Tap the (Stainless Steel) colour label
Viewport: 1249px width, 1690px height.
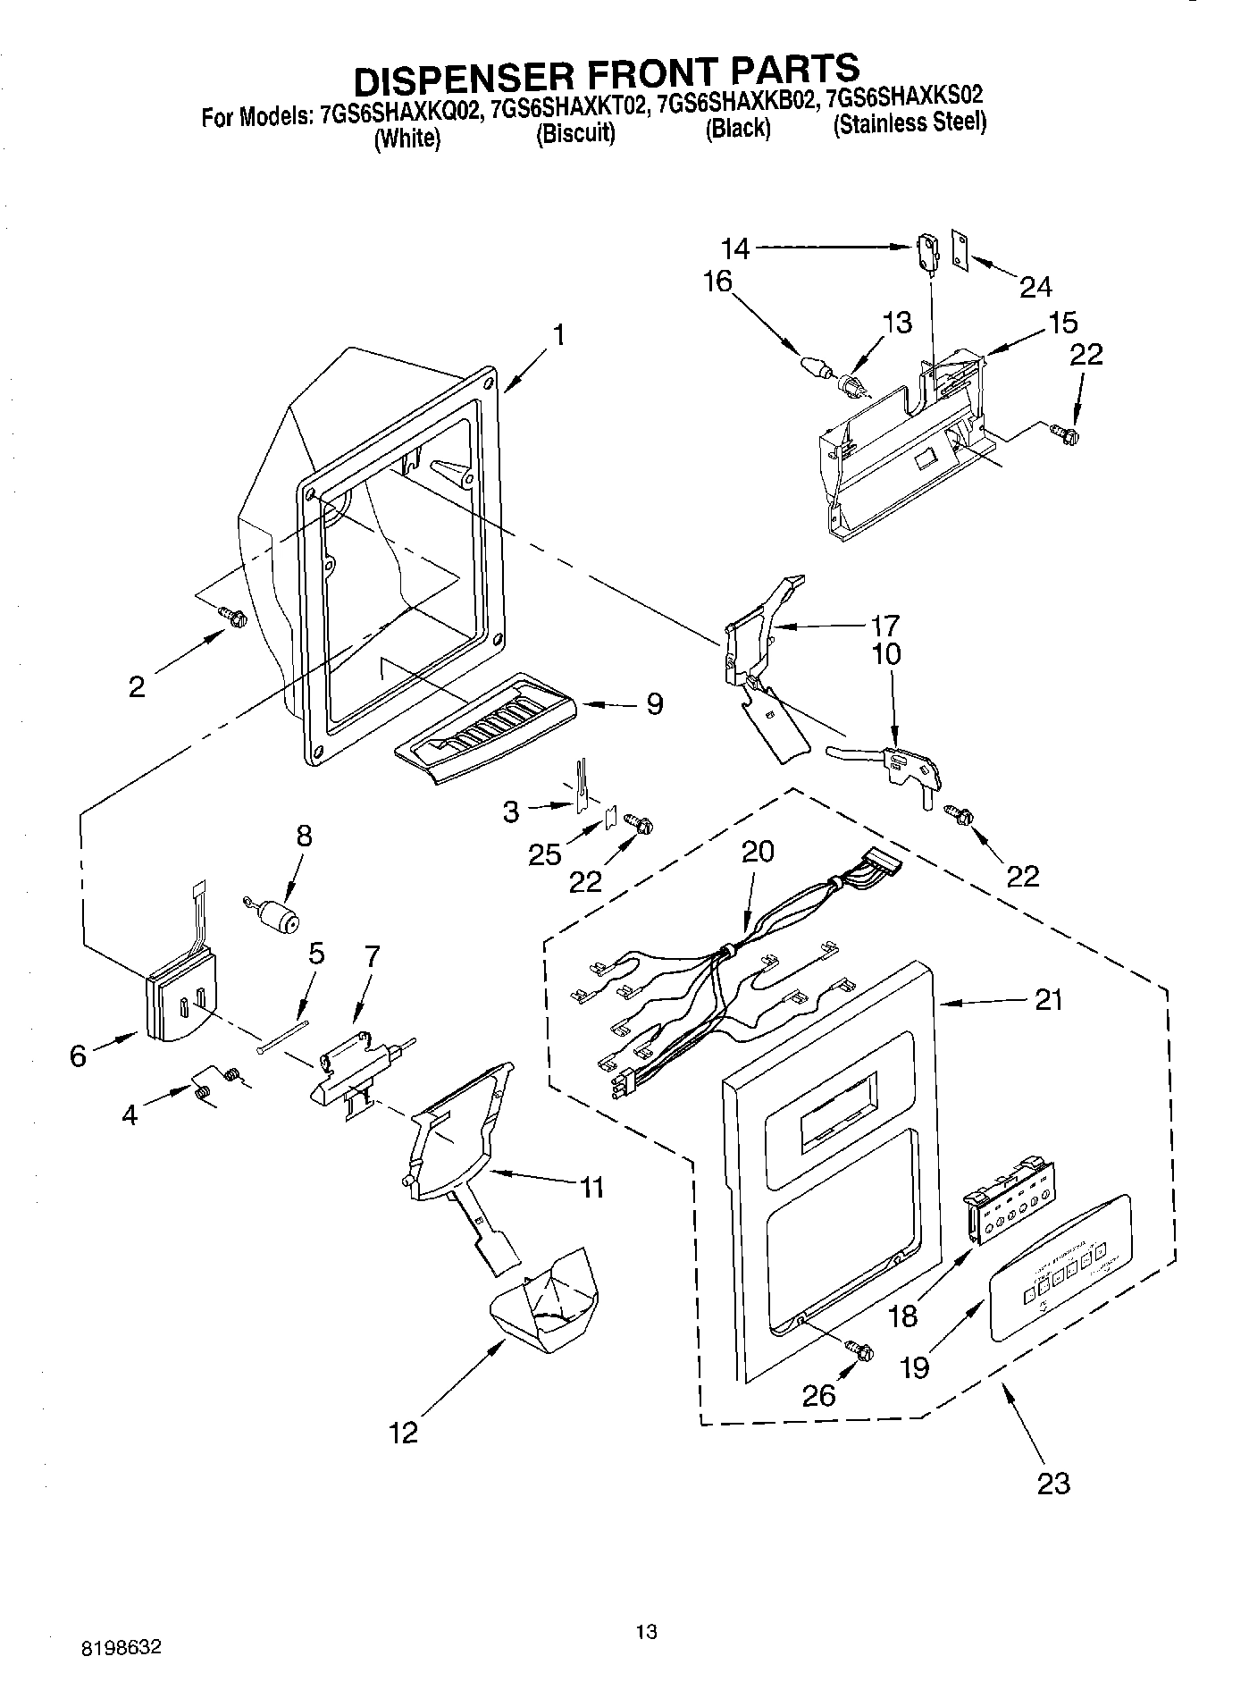click(909, 123)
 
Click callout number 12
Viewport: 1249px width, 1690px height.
click(404, 1434)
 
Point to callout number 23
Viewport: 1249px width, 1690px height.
click(1053, 1484)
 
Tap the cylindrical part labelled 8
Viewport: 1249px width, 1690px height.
click(282, 917)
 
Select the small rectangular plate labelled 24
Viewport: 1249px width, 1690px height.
click(961, 248)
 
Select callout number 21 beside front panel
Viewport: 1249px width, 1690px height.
click(1049, 999)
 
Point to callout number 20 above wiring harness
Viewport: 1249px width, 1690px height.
click(757, 851)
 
